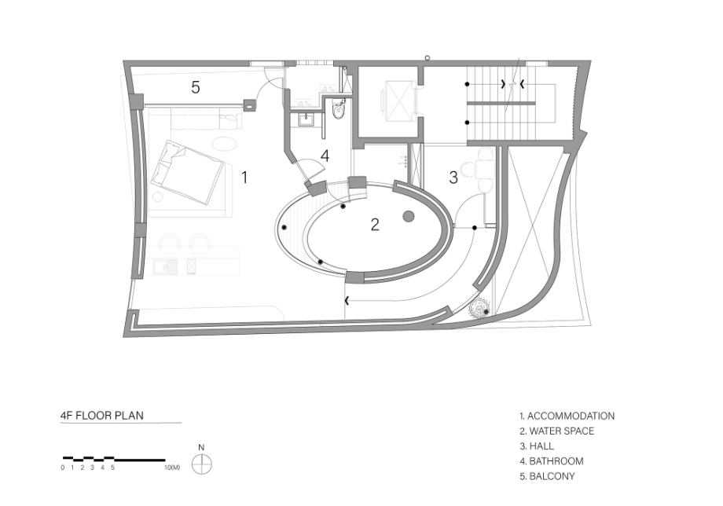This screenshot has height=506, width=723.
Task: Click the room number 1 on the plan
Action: point(244,178)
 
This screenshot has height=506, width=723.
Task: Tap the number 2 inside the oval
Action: point(375,225)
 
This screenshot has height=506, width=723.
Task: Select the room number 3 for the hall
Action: point(453,178)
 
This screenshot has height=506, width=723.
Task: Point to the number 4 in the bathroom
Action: point(325,156)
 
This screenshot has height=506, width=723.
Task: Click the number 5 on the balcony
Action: point(196,87)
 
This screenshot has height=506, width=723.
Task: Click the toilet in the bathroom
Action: point(338,110)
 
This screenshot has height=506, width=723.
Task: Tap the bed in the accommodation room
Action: point(187,172)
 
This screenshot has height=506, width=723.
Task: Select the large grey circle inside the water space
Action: point(409,216)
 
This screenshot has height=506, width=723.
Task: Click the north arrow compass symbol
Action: point(201,464)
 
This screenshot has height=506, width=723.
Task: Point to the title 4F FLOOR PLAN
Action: point(102,415)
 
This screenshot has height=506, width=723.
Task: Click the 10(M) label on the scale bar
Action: point(172,467)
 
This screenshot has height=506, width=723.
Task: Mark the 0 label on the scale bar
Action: point(63,467)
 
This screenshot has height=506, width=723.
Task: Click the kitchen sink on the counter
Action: point(166,266)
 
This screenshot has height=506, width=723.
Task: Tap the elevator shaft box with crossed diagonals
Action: point(397,101)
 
